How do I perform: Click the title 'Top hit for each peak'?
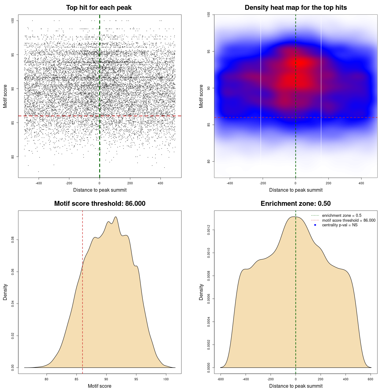pyautogui.click(x=99, y=8)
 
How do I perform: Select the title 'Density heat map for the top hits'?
pyautogui.click(x=296, y=8)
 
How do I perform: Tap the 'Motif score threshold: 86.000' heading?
pyautogui.click(x=100, y=204)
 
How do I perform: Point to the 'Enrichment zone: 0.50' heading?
pyautogui.click(x=296, y=204)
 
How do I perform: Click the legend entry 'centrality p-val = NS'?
pyautogui.click(x=340, y=225)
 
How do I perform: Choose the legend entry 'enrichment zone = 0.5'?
pyautogui.click(x=341, y=216)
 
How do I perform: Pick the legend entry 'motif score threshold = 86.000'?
pyautogui.click(x=349, y=221)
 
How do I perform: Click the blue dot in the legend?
pyautogui.click(x=315, y=225)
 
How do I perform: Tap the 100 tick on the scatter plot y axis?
pyautogui.click(x=13, y=21)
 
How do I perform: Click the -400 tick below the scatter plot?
pyautogui.click(x=39, y=183)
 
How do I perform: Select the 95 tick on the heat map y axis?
pyautogui.click(x=209, y=51)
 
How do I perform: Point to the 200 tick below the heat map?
pyautogui.click(x=329, y=183)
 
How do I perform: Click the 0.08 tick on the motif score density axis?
pyautogui.click(x=13, y=240)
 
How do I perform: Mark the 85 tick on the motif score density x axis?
pyautogui.click(x=77, y=379)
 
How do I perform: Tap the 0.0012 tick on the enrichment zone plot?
pyautogui.click(x=209, y=230)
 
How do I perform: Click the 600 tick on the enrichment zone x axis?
pyautogui.click(x=371, y=379)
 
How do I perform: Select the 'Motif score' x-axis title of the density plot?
pyautogui.click(x=100, y=386)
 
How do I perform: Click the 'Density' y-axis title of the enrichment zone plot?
pyautogui.click(x=201, y=292)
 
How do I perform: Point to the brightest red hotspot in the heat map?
pyautogui.click(x=302, y=63)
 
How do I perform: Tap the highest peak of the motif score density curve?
pyautogui.click(x=115, y=217)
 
